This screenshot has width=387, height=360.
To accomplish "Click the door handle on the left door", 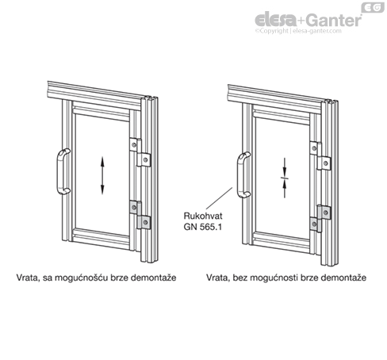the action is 58,172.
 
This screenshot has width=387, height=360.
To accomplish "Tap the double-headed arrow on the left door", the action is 102,175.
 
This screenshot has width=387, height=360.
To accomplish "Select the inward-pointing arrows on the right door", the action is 285,178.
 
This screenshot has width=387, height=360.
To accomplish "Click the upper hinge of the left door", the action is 140,152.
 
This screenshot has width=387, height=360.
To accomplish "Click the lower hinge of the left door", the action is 140,215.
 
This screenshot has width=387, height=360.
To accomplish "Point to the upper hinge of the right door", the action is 320,155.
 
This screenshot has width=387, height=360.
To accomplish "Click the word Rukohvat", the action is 203,216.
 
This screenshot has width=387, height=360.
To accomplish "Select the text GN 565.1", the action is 202,227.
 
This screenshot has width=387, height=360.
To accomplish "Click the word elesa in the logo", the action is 275,20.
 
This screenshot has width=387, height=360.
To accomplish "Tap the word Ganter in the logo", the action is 334,21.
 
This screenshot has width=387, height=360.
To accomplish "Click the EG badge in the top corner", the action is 373,7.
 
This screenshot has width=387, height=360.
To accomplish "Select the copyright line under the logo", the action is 298,31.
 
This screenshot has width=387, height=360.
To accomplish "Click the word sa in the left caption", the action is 47,278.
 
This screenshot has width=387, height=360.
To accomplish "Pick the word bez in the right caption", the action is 240,278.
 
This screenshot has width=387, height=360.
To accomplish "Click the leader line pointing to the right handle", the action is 219,198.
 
